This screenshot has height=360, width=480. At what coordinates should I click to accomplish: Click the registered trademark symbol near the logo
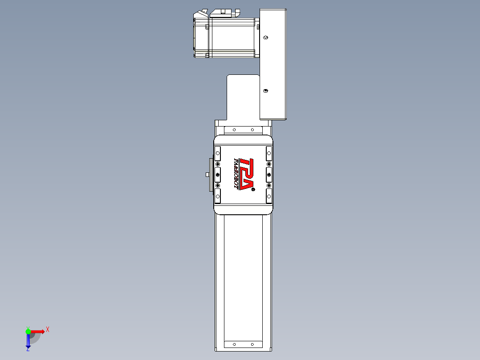point(253,189)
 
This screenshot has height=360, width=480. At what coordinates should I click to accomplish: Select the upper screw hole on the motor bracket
point(266,38)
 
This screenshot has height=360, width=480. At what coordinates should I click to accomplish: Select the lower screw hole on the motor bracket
point(266,90)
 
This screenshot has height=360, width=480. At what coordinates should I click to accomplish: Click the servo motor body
point(232,38)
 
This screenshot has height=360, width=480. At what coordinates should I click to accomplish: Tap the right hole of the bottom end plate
point(252,344)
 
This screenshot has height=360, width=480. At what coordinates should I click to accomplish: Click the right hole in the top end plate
point(252,130)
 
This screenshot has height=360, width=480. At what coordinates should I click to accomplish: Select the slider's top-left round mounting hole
point(218,153)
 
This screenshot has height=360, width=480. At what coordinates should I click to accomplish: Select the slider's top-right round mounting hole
point(269,153)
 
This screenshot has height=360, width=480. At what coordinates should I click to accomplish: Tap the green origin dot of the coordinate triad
point(28,331)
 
